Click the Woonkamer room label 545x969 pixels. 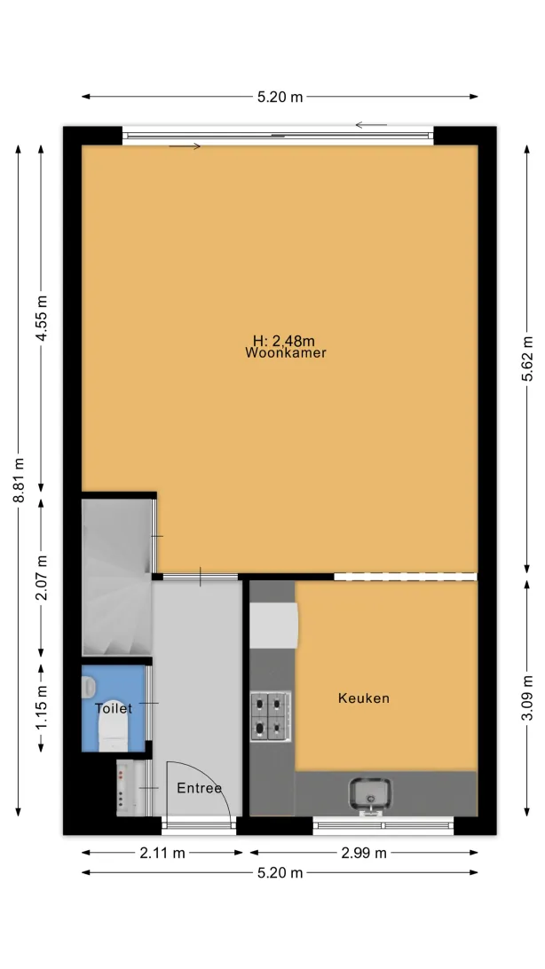(286, 353)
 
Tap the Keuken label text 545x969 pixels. (364, 698)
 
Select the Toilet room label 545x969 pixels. (113, 708)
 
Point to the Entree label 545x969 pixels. (199, 788)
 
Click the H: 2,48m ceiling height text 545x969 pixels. (284, 341)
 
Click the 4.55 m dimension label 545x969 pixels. (42, 319)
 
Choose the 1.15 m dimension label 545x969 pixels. (42, 707)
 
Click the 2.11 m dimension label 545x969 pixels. (162, 854)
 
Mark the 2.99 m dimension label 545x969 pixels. (364, 854)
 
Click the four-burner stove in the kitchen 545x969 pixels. (270, 716)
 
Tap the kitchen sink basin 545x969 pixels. (370, 793)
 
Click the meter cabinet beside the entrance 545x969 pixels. (126, 789)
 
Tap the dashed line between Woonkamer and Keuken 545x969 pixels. (406, 577)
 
